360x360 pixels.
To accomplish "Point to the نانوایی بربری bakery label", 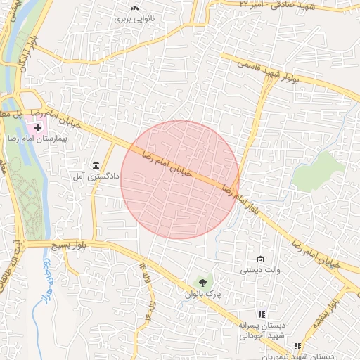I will click(x=134, y=19).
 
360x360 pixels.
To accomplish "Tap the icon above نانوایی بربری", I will click(x=134, y=8).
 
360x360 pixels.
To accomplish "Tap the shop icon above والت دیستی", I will click(x=261, y=259).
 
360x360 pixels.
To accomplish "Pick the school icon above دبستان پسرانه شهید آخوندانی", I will click(x=261, y=314).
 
